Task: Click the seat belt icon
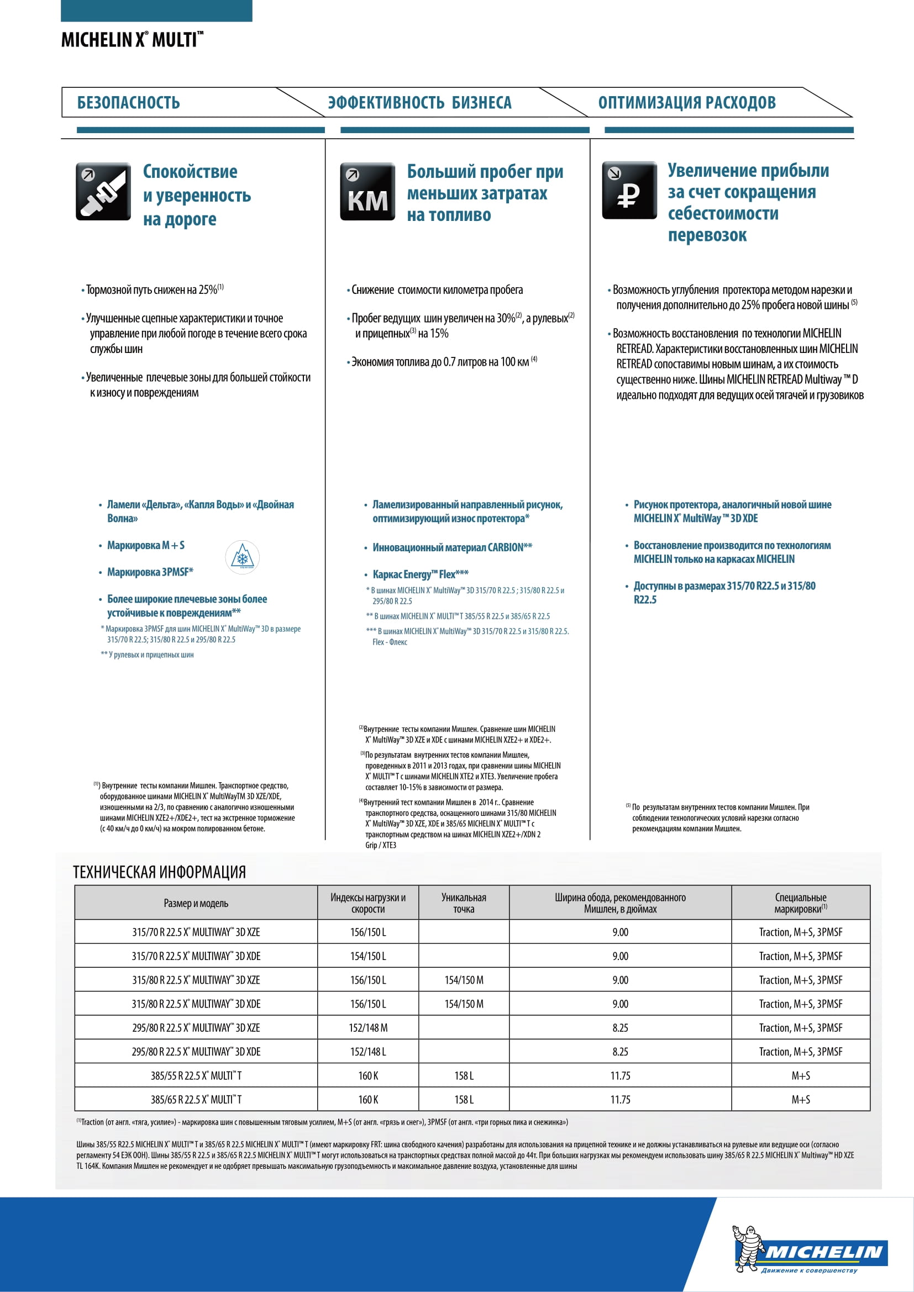(103, 191)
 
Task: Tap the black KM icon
(367, 191)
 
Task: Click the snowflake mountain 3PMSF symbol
(242, 557)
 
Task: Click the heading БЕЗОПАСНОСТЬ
(128, 102)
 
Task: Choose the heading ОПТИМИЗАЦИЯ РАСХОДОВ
(687, 102)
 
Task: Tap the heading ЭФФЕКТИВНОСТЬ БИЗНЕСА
(419, 102)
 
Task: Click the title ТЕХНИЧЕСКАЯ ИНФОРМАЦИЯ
(159, 872)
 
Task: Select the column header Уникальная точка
(463, 903)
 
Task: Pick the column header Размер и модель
(196, 903)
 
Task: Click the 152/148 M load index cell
(368, 1027)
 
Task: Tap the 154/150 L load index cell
(368, 956)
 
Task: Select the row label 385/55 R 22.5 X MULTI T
(196, 1075)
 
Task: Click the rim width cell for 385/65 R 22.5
(619, 1099)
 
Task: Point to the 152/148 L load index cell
(368, 1051)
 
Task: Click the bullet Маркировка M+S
(146, 545)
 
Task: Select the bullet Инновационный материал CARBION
(452, 547)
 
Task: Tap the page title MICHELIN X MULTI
(132, 40)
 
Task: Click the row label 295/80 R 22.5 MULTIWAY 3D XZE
(196, 1027)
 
